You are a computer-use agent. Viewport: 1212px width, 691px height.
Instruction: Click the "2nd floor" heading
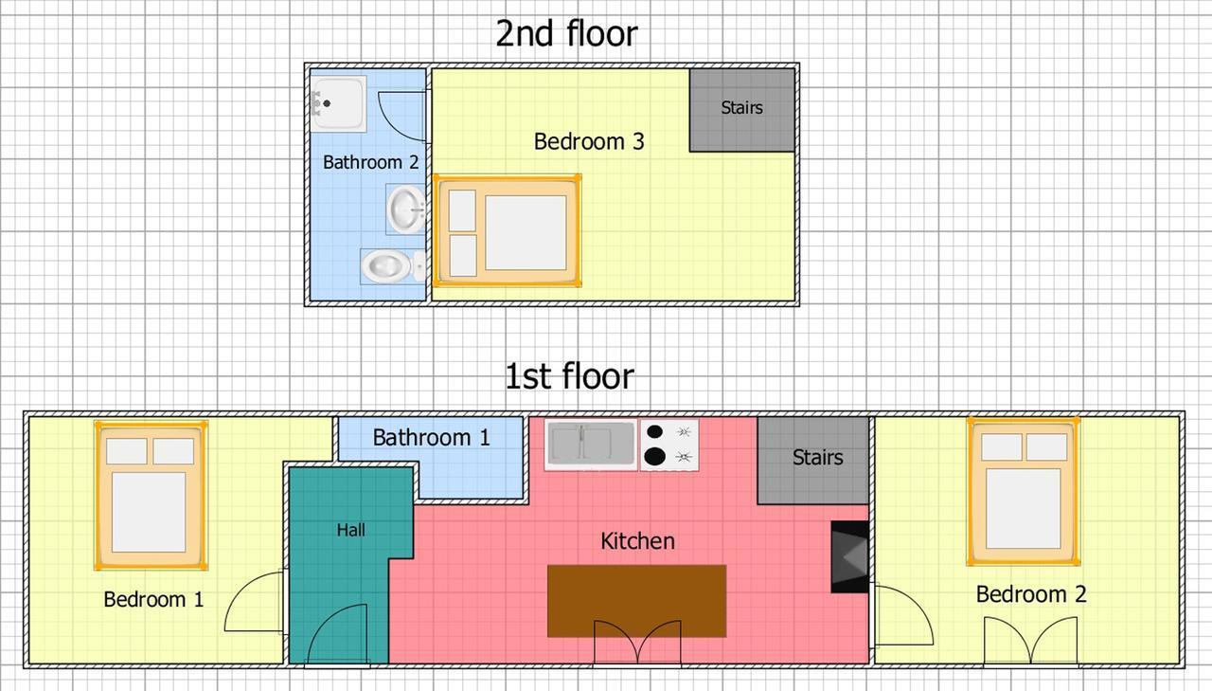[566, 33]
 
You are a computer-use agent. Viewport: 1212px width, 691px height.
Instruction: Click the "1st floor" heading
[569, 376]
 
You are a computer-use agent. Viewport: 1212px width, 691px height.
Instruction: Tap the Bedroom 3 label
[589, 141]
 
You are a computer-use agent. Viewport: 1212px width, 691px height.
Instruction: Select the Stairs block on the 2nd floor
[741, 110]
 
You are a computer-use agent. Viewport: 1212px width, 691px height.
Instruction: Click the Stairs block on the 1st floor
[812, 461]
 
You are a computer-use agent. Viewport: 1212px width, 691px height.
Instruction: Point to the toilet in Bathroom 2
[393, 266]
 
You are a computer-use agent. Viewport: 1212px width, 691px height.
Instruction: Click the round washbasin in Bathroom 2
[405, 209]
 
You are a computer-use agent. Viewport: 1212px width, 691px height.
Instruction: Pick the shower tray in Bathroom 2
[339, 103]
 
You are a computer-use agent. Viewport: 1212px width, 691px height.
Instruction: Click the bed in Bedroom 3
[508, 230]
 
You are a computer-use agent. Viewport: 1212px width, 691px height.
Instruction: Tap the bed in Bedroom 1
[151, 496]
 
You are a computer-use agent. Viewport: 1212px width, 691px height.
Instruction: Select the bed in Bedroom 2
[1024, 492]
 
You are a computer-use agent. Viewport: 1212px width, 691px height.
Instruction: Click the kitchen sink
[591, 445]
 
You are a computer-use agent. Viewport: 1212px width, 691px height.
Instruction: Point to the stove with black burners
[669, 446]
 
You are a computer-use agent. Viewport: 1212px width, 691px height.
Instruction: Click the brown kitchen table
[637, 601]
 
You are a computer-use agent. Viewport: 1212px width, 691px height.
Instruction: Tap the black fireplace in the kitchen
[850, 556]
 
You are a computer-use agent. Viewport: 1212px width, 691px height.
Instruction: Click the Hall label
[350, 530]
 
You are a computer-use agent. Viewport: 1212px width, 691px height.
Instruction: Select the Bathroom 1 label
[431, 438]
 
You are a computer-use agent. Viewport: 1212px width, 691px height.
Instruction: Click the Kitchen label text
[638, 541]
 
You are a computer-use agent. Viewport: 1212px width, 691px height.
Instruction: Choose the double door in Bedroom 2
[1031, 642]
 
